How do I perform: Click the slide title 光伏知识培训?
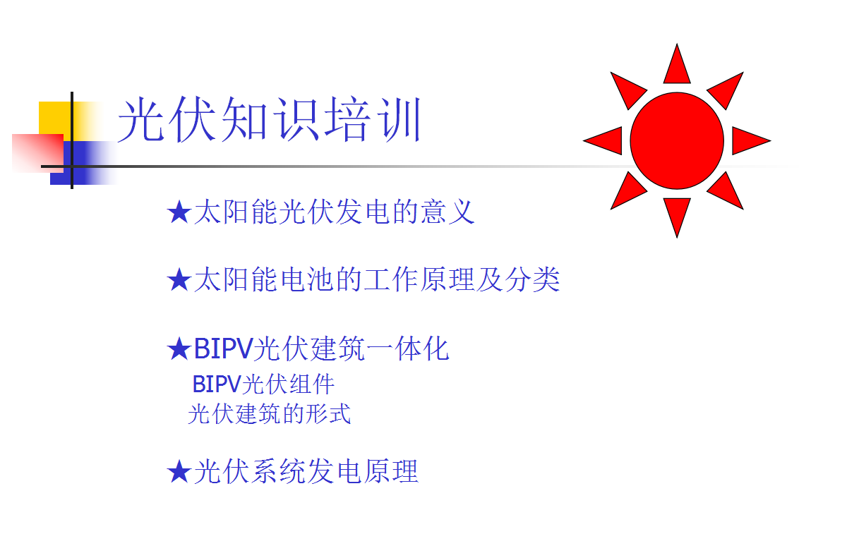(269, 121)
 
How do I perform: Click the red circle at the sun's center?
(676, 140)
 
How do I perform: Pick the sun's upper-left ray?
(627, 90)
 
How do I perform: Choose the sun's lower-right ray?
(726, 192)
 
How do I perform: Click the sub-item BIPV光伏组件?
(263, 384)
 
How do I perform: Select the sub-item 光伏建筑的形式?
(269, 414)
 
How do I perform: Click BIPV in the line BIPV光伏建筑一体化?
(222, 348)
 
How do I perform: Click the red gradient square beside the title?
(37, 152)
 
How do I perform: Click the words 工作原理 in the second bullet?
(419, 280)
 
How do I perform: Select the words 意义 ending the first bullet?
(447, 212)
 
